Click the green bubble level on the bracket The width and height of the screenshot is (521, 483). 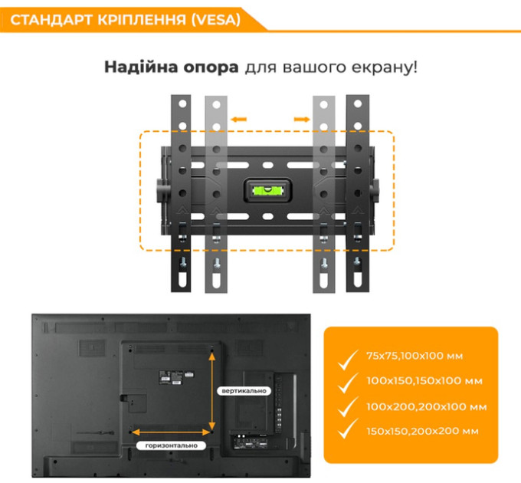[268, 191]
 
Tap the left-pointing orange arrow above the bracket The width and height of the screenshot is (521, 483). [239, 120]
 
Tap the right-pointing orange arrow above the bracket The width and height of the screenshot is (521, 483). [302, 120]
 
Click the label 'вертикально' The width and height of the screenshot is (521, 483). [244, 391]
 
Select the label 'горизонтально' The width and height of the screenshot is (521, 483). [172, 445]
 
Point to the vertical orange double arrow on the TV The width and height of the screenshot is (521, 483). [212, 392]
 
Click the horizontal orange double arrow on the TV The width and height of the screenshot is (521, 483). [171, 432]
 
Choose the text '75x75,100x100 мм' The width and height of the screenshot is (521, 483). [415, 356]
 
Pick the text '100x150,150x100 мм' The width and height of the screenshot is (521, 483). [424, 381]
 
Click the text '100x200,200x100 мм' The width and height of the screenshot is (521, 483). [427, 407]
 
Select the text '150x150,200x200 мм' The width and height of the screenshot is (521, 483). [423, 432]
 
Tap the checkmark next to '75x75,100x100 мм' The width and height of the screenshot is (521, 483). [348, 360]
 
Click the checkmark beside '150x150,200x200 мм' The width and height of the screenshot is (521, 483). [348, 429]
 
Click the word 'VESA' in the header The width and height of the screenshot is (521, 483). [217, 20]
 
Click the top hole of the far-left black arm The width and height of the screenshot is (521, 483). [182, 103]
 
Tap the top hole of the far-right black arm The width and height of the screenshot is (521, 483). [358, 103]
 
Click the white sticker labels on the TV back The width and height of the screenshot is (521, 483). [176, 378]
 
